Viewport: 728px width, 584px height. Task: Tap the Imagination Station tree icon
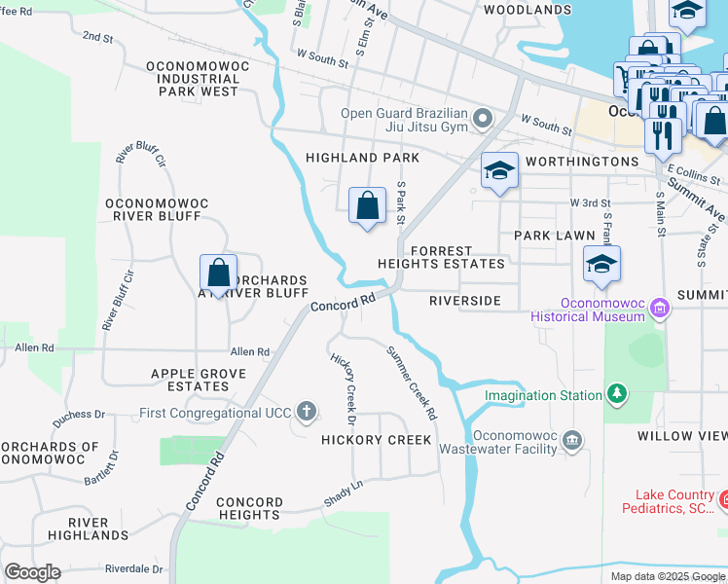(615, 393)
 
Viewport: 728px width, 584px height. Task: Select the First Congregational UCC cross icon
(307, 411)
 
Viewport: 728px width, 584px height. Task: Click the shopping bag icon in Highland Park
(367, 206)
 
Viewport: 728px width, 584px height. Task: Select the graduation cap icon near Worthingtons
(500, 171)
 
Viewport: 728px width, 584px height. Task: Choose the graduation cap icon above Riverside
(602, 264)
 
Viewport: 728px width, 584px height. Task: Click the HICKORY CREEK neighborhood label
(376, 440)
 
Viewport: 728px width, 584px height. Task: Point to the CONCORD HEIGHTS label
(249, 508)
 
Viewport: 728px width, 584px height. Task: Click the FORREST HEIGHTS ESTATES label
(456, 257)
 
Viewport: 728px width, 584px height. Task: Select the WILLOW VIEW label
(682, 436)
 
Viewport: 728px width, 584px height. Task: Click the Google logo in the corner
(32, 571)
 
